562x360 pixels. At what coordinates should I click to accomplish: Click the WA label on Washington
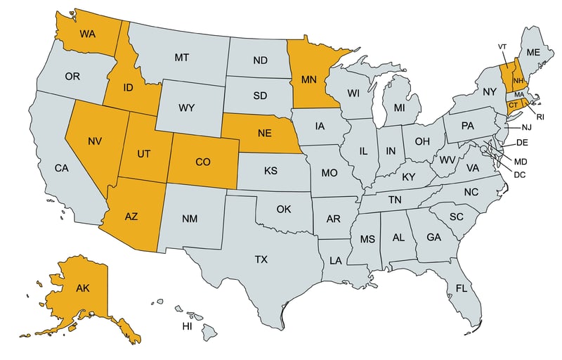(x=87, y=34)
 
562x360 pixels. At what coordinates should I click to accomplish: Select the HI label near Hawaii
(x=188, y=326)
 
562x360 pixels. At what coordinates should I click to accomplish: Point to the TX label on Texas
(x=261, y=259)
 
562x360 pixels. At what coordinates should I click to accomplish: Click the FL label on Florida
(x=461, y=289)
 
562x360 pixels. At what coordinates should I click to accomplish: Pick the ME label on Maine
(x=533, y=52)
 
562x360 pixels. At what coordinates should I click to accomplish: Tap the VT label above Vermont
(x=502, y=46)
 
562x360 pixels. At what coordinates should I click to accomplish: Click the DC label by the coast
(x=520, y=174)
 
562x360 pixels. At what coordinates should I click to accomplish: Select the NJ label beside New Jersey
(x=527, y=128)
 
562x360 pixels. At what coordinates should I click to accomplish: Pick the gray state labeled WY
(x=186, y=108)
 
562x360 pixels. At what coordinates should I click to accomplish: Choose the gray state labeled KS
(x=270, y=171)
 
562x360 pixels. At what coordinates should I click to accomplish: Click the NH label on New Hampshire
(x=518, y=79)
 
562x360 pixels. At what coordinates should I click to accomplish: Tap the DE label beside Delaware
(x=522, y=142)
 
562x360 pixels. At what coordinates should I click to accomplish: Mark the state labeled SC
(x=457, y=216)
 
